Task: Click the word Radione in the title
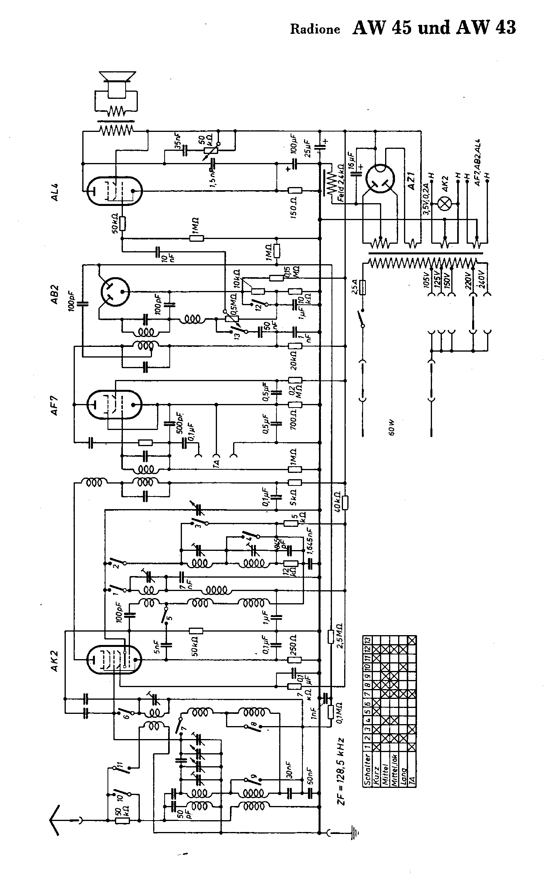click(x=315, y=30)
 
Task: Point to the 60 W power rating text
click(x=391, y=427)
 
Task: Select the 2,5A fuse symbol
click(x=363, y=287)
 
